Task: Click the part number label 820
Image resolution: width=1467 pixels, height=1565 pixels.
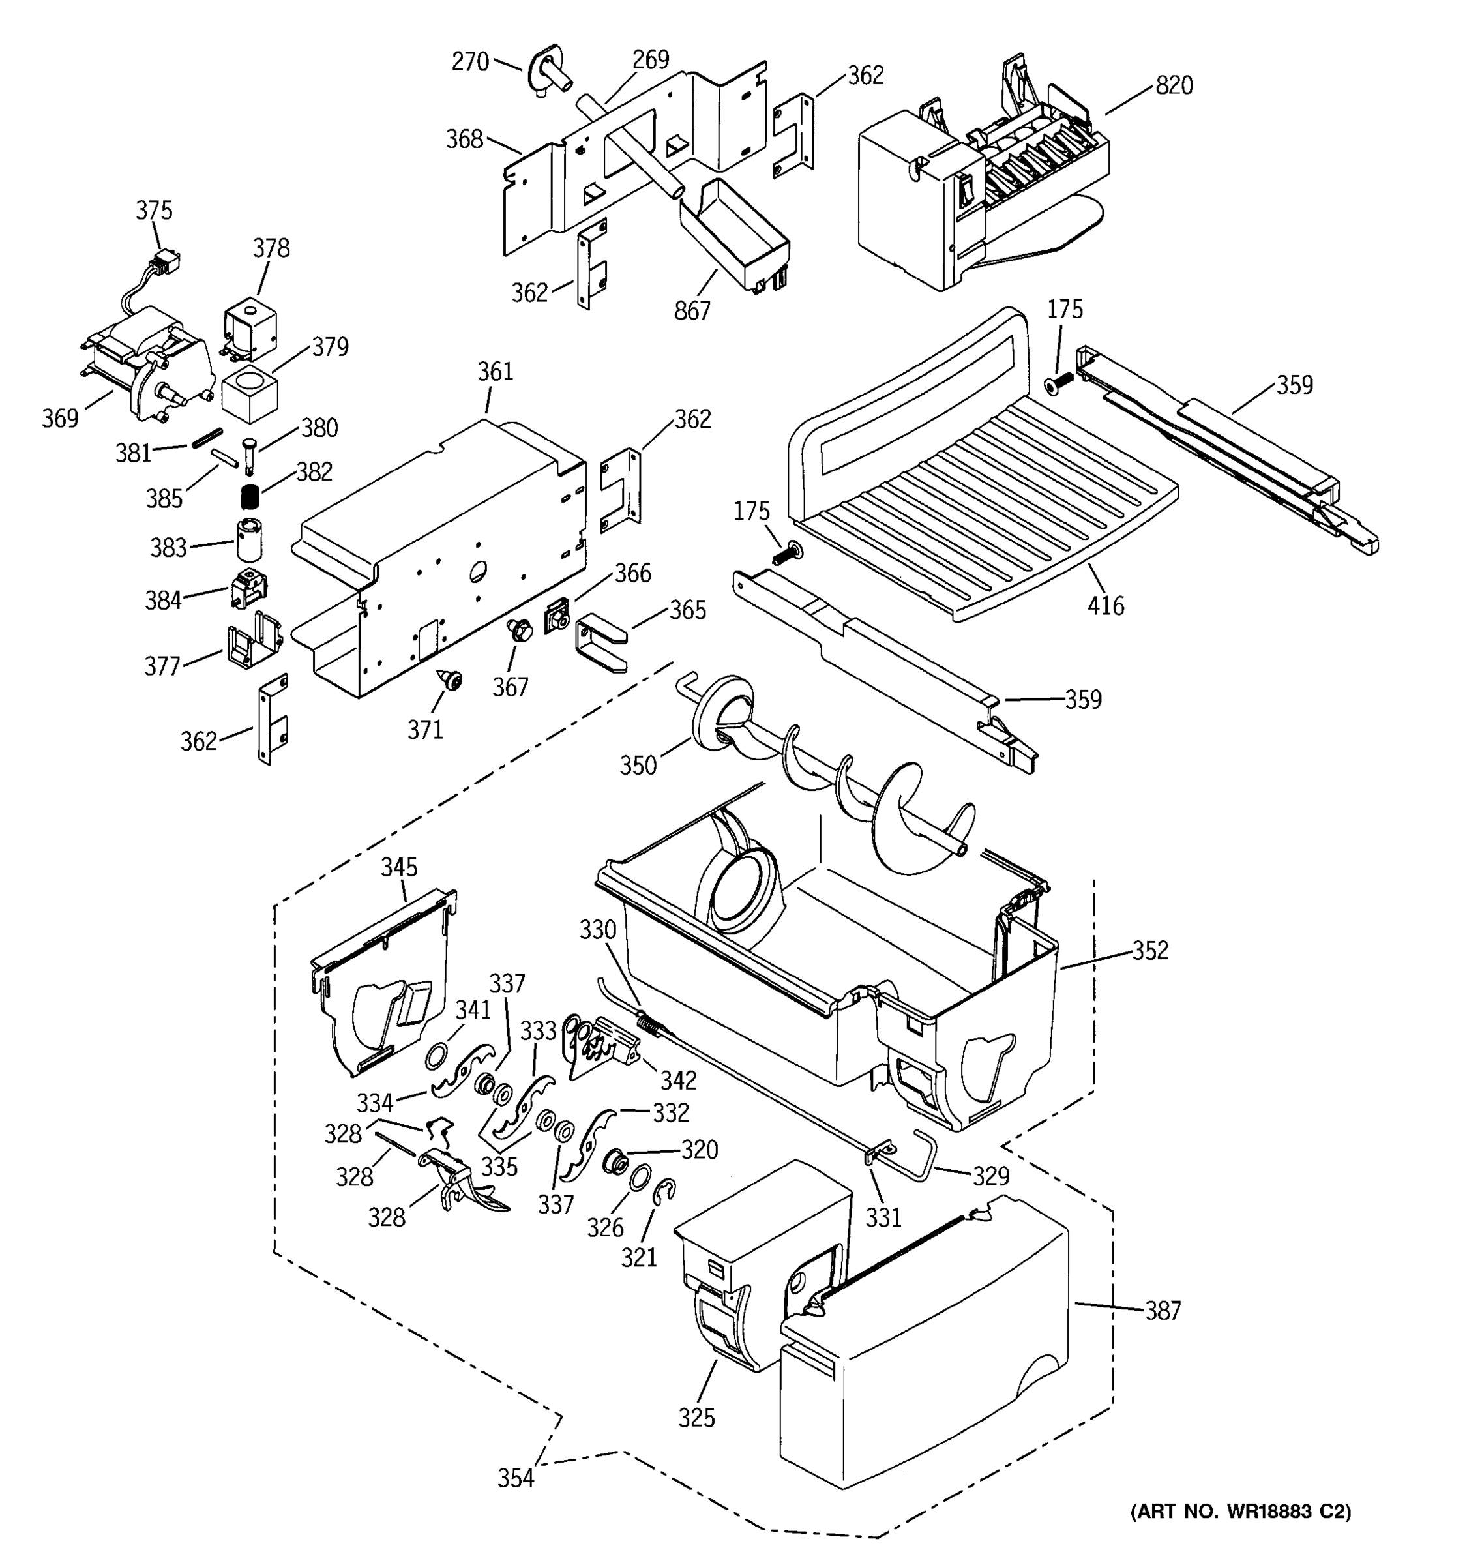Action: pos(1174,85)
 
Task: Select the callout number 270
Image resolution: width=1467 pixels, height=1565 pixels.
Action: pos(470,61)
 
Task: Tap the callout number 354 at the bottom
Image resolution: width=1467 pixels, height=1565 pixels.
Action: pos(516,1478)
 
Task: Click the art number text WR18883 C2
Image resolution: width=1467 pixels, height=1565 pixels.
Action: pos(1241,1511)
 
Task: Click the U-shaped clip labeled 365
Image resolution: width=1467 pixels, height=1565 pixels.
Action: pos(600,644)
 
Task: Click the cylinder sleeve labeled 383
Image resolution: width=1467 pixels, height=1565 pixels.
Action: pos(248,539)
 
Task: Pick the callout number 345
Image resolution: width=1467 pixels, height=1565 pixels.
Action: pos(399,867)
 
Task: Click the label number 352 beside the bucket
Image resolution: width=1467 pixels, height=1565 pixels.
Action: pos(1150,950)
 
